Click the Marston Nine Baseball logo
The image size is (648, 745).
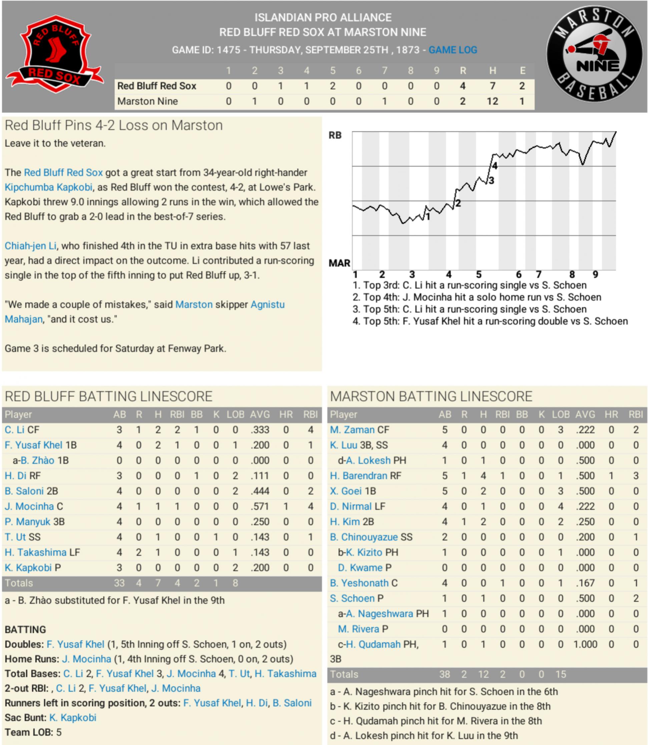(595, 54)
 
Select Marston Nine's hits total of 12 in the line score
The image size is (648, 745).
(492, 101)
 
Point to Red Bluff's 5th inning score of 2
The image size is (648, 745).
(332, 86)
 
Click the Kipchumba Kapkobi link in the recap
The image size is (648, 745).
(48, 187)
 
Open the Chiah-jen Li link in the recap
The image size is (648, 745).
(30, 246)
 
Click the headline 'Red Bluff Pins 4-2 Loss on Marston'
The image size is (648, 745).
(113, 125)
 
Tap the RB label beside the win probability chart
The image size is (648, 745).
(335, 135)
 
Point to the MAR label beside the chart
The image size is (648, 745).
(339, 263)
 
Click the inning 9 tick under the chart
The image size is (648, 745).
(595, 274)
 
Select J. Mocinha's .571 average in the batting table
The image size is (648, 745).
(260, 506)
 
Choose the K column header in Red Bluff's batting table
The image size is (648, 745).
(216, 414)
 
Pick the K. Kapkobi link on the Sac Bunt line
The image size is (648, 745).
(73, 718)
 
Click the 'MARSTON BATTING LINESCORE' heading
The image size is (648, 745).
(431, 397)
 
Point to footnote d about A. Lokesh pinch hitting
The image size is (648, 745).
(424, 736)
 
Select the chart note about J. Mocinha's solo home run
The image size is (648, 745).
(477, 297)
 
